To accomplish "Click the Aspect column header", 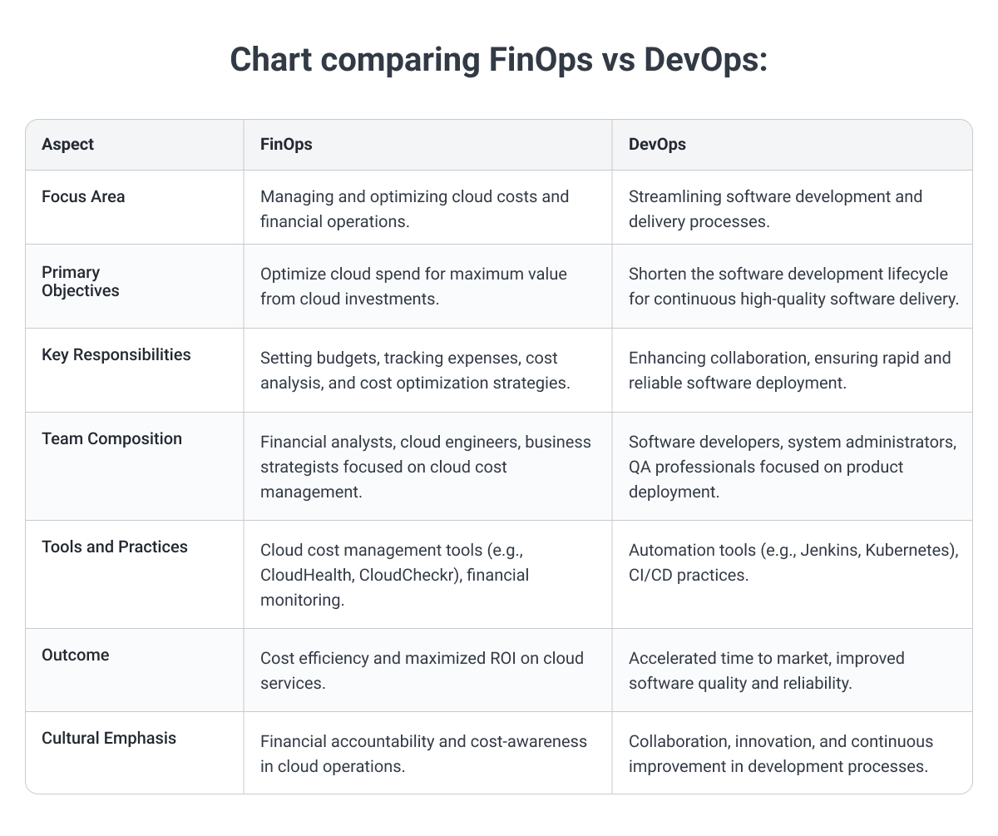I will point(67,144).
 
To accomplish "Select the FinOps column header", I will point(286,144).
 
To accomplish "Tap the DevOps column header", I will point(657,144).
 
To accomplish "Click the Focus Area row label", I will point(83,197).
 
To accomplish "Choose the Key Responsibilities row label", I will point(116,354).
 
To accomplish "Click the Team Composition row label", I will point(111,438).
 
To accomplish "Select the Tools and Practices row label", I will point(115,547).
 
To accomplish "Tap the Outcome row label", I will point(76,655).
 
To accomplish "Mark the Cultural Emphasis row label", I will point(109,738).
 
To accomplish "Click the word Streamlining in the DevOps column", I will point(674,197).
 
